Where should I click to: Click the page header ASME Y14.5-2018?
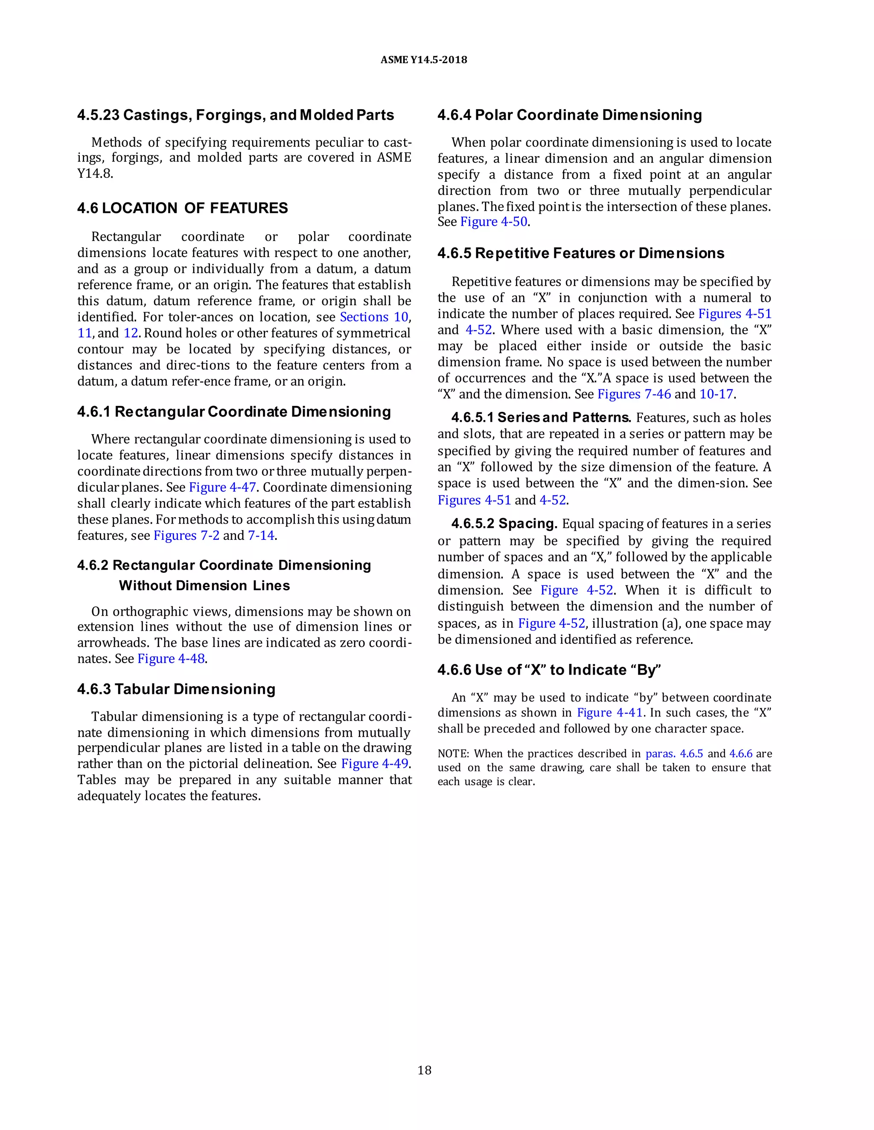pos(423,60)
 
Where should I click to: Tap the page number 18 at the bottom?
pos(424,1070)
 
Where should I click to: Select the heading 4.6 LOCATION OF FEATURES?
pos(182,208)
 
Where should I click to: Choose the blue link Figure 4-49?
pos(374,764)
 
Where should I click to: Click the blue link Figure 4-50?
pos(493,222)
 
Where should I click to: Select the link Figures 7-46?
pos(634,394)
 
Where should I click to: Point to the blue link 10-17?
pos(716,394)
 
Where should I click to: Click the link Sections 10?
pos(374,317)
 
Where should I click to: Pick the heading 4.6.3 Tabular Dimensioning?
pos(176,689)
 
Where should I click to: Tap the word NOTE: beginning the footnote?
pos(453,754)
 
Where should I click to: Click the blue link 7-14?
pos(261,536)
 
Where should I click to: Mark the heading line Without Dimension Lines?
pos(204,586)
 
